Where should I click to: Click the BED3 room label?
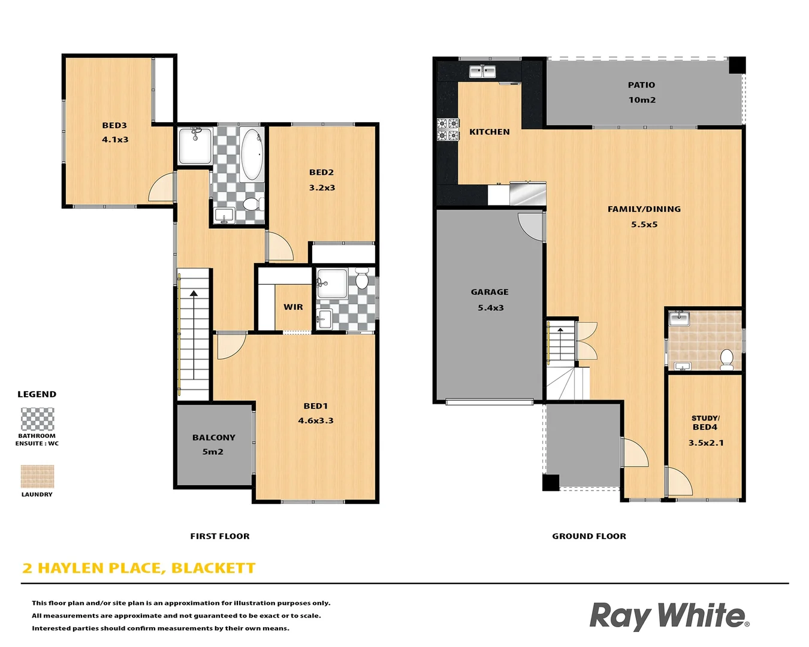pos(114,125)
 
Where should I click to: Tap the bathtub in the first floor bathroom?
pos(252,155)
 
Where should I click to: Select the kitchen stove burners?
pos(448,129)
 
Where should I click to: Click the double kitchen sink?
pos(482,72)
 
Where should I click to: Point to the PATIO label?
pos(641,85)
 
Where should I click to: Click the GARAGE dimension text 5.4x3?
pos(490,308)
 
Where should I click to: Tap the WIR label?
pos(293,307)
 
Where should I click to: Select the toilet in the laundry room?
pos(726,359)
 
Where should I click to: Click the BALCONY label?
pos(213,437)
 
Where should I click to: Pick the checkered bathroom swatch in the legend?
pos(37,419)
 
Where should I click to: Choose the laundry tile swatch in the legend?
pos(37,476)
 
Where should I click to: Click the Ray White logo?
pos(669,616)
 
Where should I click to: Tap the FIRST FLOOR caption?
pos(220,536)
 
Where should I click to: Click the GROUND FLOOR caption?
pos(589,536)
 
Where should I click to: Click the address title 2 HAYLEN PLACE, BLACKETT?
pos(139,568)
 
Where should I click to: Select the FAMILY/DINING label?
pos(644,209)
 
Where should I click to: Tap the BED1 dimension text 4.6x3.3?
pos(316,421)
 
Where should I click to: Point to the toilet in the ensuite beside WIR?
pos(361,280)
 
